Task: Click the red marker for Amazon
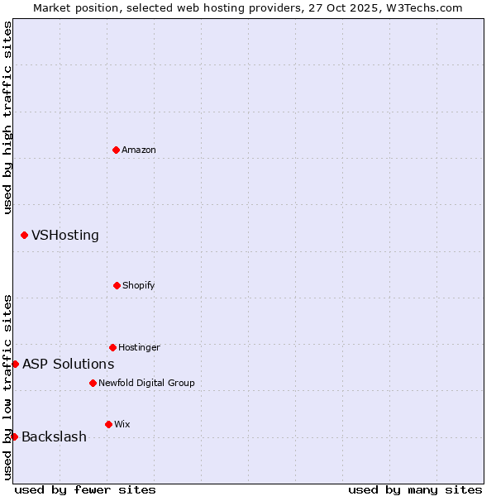(x=116, y=150)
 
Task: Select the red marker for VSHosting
(x=24, y=236)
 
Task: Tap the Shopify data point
(x=117, y=285)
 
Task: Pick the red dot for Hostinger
(x=112, y=347)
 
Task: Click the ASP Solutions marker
(x=15, y=364)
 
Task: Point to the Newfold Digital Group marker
(x=93, y=383)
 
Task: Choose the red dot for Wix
(x=108, y=424)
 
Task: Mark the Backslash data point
(x=14, y=436)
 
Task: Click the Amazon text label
(x=139, y=150)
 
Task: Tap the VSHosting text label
(x=65, y=236)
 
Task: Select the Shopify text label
(x=139, y=285)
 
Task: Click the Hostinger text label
(x=139, y=347)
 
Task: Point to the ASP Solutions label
(x=69, y=364)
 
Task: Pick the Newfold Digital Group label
(x=146, y=383)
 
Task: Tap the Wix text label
(x=122, y=424)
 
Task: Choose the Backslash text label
(x=55, y=436)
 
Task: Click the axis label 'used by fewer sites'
(x=85, y=489)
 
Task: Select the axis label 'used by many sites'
(x=415, y=489)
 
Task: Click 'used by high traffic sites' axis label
(x=7, y=117)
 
